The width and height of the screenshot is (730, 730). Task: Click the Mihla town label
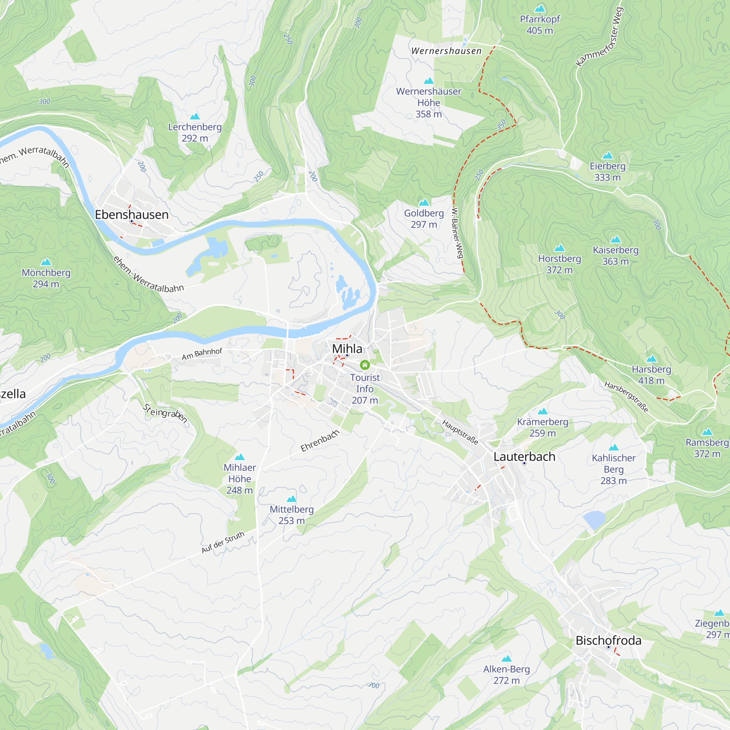(x=347, y=348)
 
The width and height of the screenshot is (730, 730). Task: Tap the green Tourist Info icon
(x=365, y=365)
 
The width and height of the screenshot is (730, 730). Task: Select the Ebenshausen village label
(x=131, y=215)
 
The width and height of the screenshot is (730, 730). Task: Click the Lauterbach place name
(x=524, y=457)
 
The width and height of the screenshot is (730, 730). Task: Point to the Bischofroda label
(x=608, y=641)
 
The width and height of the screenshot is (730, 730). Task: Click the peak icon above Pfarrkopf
(x=540, y=8)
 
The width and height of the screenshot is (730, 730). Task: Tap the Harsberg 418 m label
(x=651, y=375)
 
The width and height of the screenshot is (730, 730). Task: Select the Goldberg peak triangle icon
(x=424, y=203)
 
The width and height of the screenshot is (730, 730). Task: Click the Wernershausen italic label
(x=446, y=51)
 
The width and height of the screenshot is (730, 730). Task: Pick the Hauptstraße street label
(x=460, y=432)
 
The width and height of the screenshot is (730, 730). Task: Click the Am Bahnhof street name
(x=202, y=354)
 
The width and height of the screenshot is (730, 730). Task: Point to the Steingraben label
(x=165, y=414)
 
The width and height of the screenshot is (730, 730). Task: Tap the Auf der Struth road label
(x=223, y=542)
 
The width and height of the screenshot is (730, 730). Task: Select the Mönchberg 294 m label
(x=46, y=278)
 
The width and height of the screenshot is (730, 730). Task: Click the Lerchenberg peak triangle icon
(x=195, y=116)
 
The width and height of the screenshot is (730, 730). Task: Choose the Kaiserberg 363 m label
(x=615, y=255)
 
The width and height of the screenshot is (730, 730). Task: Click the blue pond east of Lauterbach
(x=594, y=519)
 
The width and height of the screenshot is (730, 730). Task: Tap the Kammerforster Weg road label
(x=599, y=37)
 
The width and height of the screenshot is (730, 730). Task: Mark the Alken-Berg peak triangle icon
(x=506, y=658)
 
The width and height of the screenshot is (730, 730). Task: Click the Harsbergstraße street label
(x=626, y=397)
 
